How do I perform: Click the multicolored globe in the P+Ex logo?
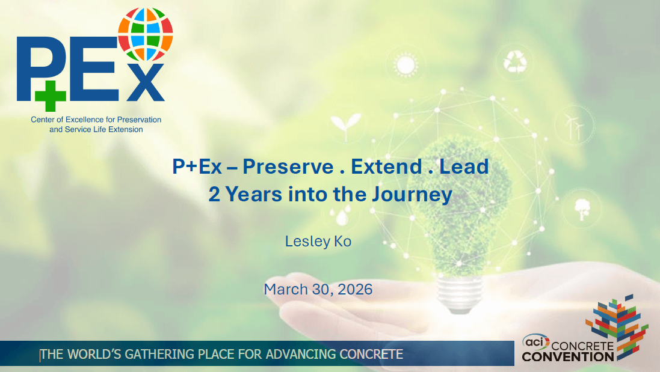coord(145,34)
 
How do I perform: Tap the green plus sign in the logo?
coord(51,96)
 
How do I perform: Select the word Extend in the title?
coord(386,167)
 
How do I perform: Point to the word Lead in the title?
coord(464,167)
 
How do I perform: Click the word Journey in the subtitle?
coord(412,195)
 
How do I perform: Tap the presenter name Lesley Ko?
coord(318,241)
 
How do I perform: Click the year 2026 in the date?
coord(355,289)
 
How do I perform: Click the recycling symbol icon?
coord(515,62)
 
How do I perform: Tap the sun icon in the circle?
coord(406,65)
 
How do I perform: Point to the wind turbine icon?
coord(573,125)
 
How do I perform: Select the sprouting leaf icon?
coord(345,125)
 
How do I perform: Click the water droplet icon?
coord(342,218)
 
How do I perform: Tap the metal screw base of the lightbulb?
coord(460,294)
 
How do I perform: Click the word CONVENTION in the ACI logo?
coord(568,357)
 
